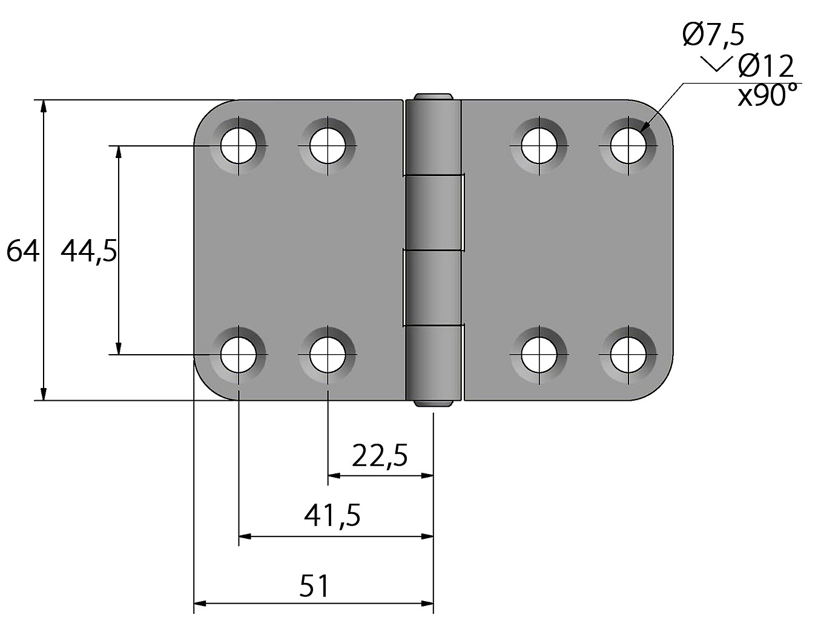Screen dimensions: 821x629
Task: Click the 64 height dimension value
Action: coord(22,251)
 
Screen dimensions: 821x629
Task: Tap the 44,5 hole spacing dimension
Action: coord(89,252)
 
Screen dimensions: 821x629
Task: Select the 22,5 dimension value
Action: coord(380,456)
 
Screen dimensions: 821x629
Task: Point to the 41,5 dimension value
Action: coord(332,516)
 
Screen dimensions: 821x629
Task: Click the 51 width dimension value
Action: coord(314,586)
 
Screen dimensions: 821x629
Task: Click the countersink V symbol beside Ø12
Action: coord(716,64)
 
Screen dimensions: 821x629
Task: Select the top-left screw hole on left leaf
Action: coord(239,145)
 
